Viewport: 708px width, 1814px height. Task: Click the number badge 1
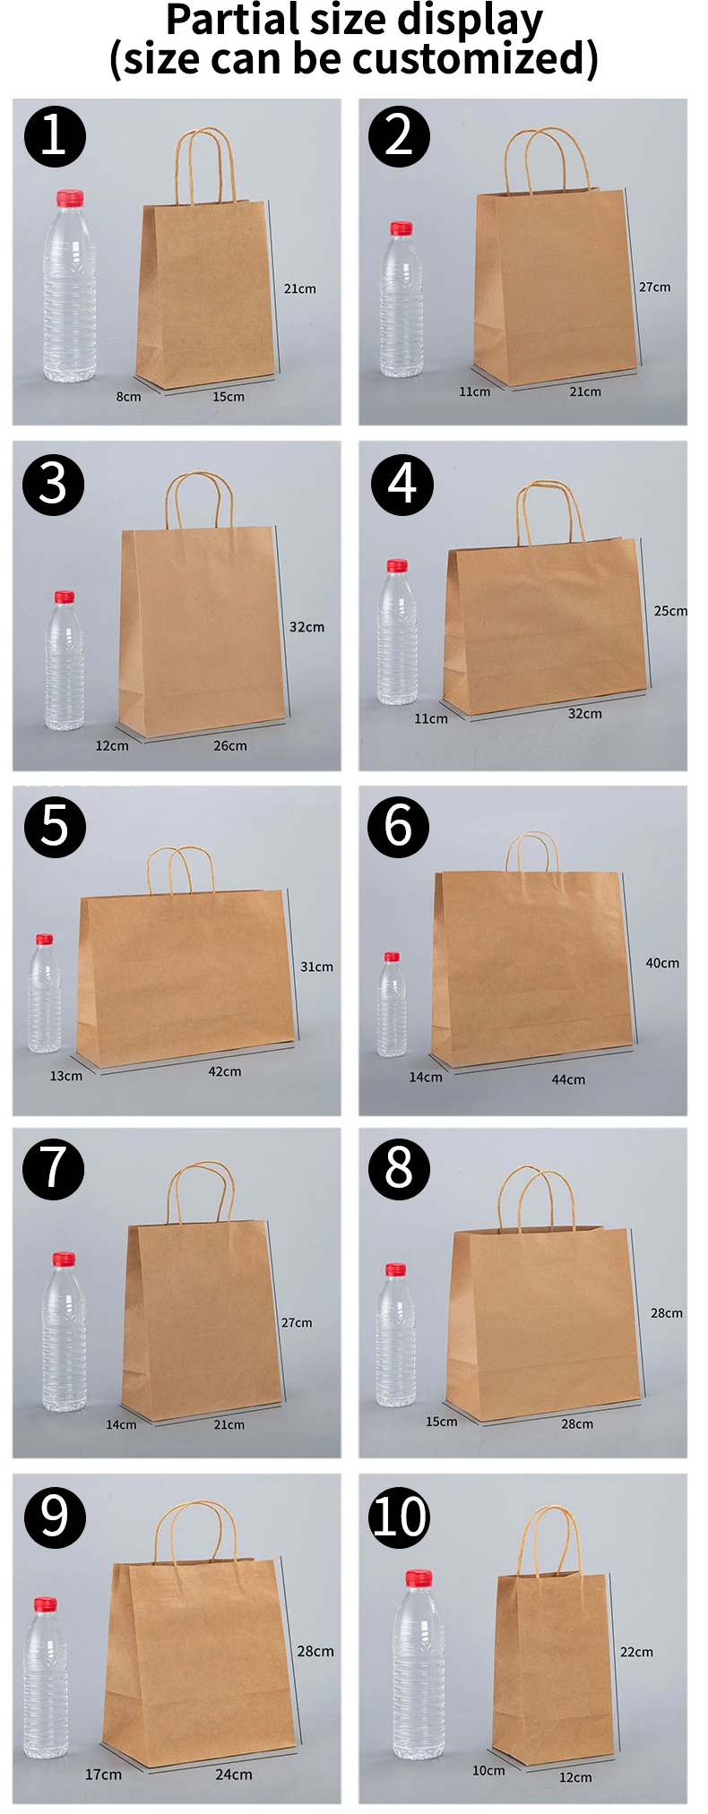(x=54, y=136)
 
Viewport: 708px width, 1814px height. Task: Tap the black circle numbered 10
(x=400, y=1517)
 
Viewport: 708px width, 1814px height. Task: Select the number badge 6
(x=399, y=826)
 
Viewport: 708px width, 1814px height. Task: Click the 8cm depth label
(x=128, y=397)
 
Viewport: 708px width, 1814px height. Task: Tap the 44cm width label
(x=568, y=1079)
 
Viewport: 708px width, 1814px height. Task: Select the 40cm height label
(x=662, y=963)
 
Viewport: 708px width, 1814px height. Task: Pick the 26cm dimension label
(x=230, y=745)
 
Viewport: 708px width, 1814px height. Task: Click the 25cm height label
(x=669, y=611)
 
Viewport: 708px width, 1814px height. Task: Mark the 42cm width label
(x=225, y=1071)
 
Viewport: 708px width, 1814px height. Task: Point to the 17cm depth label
(x=103, y=1775)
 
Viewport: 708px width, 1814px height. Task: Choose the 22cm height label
(x=636, y=1652)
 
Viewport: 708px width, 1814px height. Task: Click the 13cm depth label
(x=65, y=1076)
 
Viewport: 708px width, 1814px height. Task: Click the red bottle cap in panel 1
(x=69, y=198)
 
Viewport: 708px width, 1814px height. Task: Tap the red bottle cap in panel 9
(x=46, y=1604)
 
